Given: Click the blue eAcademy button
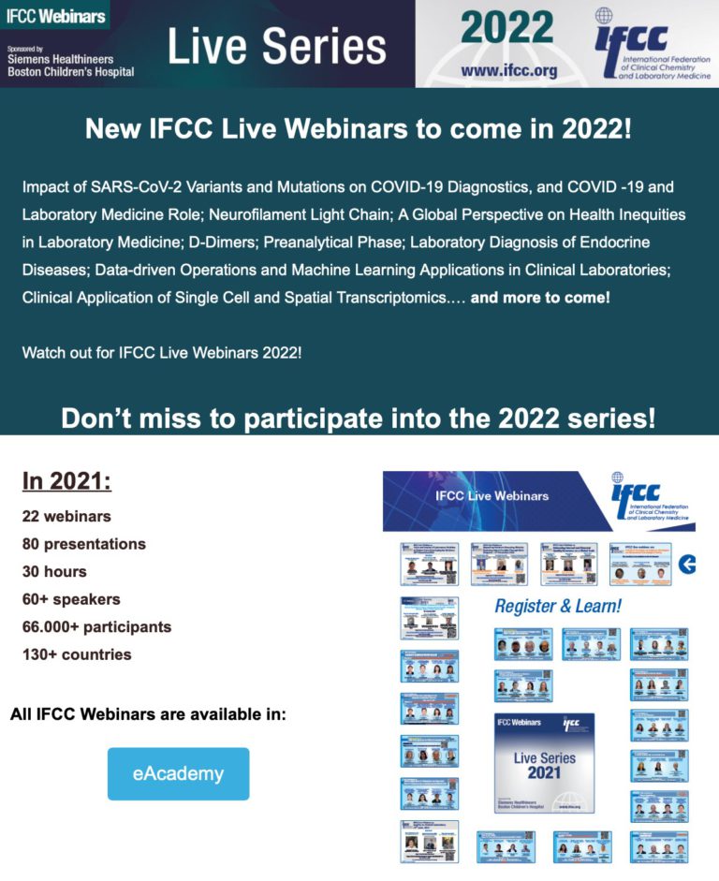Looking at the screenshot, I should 178,773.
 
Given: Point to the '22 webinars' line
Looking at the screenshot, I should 66,517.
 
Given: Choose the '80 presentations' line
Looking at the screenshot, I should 84,544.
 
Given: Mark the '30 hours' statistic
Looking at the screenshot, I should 54,572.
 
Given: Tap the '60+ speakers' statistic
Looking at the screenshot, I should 71,599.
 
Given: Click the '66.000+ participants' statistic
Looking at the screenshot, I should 96,626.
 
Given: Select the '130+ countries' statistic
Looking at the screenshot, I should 77,654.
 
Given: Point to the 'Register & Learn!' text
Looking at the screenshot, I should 557,606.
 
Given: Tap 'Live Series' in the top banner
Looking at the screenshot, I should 276,46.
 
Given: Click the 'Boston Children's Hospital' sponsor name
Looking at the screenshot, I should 67,71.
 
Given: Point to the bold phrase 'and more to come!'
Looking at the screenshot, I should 540,298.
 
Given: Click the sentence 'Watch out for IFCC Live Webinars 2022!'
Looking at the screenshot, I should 162,354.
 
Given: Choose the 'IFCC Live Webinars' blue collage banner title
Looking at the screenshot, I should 492,495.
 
